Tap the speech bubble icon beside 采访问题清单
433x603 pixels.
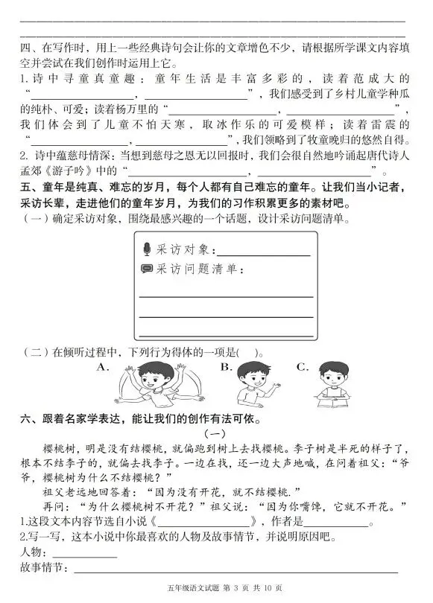pyautogui.click(x=147, y=269)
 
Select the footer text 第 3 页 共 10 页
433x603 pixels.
pyautogui.click(x=249, y=590)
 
